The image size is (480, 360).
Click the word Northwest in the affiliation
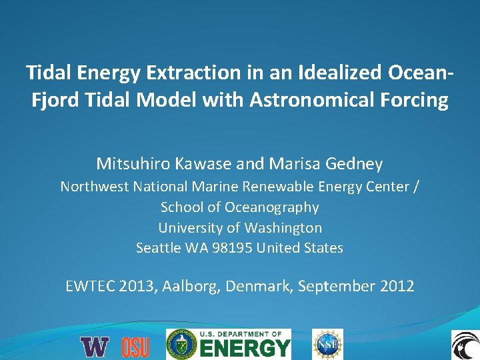pos(93,187)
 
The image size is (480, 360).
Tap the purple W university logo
pos(94,347)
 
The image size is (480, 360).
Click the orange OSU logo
pos(135,347)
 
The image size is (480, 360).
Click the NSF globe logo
pos(328,345)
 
